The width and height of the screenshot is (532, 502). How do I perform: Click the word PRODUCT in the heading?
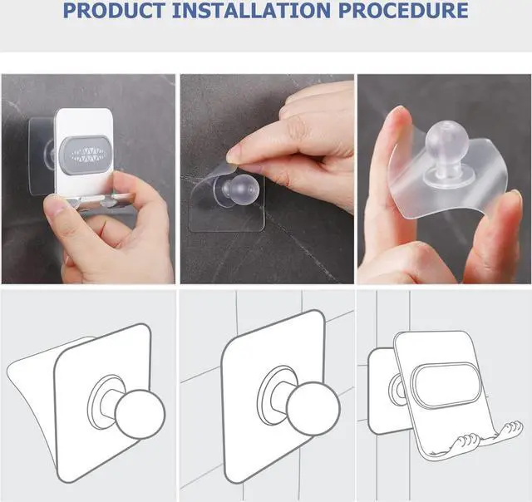[115, 10]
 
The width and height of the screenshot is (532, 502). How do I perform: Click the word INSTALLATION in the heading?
[251, 10]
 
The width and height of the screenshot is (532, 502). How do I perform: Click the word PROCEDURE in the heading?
[403, 10]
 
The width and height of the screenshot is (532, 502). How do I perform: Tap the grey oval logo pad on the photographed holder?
[86, 155]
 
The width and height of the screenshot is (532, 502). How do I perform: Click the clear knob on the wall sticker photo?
[237, 189]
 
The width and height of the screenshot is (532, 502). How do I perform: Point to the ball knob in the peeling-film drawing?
[140, 414]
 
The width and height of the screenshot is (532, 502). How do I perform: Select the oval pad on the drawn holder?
[446, 385]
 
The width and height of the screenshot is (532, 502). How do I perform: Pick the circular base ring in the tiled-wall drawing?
[272, 395]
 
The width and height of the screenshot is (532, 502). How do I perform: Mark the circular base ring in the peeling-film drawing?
[101, 402]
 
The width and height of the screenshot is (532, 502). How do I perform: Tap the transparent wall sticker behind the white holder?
[40, 157]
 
